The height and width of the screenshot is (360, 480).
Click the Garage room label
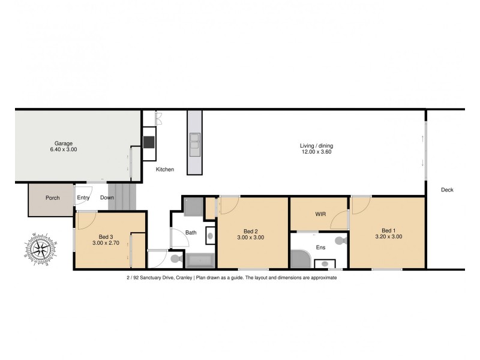(x=64, y=143)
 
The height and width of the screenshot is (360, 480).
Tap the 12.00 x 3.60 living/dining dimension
(x=316, y=152)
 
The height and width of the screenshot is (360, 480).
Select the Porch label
(x=52, y=197)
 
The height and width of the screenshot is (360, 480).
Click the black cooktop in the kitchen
(x=148, y=142)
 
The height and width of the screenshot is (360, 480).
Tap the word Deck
(x=447, y=190)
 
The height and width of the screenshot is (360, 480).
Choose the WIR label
(x=320, y=214)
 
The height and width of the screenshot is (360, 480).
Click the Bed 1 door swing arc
(x=360, y=206)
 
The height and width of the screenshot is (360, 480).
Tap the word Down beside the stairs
(x=107, y=197)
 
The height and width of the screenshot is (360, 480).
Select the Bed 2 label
(x=251, y=231)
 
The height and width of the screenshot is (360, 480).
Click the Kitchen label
(x=165, y=170)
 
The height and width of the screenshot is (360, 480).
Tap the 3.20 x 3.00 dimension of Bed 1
(x=388, y=237)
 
